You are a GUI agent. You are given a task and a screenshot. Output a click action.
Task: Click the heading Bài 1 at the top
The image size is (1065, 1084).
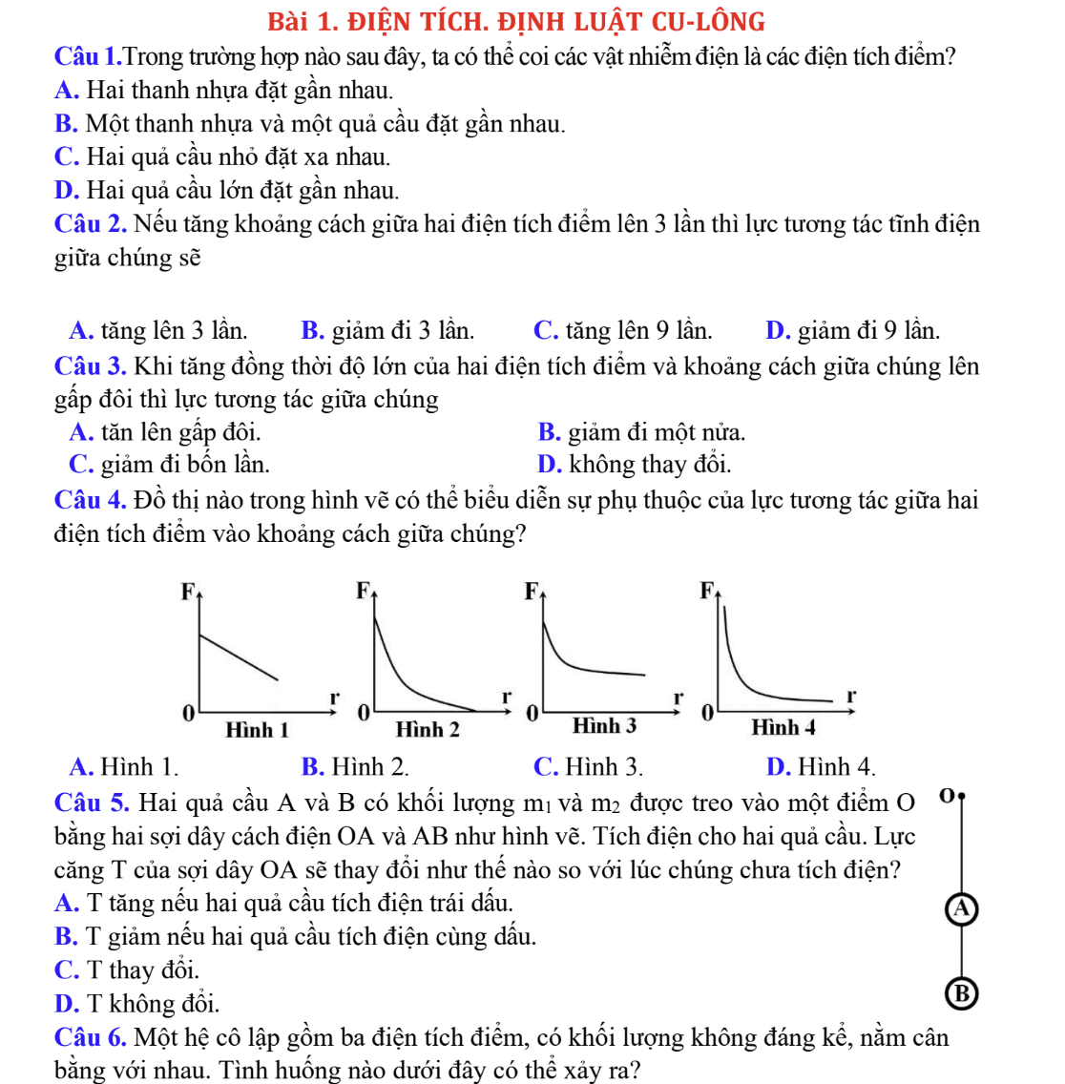click(516, 21)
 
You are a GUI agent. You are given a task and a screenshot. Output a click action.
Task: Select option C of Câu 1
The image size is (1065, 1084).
click(222, 156)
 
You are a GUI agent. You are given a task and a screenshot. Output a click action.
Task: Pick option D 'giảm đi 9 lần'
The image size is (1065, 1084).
click(852, 331)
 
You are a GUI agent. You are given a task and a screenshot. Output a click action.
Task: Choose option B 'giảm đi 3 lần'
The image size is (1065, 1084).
click(387, 331)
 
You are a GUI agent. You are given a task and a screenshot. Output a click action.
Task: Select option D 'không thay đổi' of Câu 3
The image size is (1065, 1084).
click(635, 465)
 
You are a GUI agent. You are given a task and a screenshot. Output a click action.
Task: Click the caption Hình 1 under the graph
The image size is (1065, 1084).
click(257, 730)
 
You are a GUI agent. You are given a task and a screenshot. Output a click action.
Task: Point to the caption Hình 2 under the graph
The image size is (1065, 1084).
click(428, 730)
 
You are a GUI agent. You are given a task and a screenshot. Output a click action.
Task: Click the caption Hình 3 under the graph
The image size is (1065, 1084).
click(604, 726)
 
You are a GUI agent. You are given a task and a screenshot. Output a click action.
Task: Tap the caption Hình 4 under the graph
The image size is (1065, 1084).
click(783, 728)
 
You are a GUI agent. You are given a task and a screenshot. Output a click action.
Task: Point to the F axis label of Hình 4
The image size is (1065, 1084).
click(707, 591)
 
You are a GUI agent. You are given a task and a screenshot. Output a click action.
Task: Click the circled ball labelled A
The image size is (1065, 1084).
click(962, 909)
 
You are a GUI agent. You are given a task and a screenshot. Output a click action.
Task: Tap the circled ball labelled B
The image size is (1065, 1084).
click(962, 994)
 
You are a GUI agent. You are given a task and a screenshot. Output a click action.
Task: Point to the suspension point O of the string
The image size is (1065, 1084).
click(961, 794)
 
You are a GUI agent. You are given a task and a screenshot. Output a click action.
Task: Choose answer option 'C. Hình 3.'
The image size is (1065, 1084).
click(588, 766)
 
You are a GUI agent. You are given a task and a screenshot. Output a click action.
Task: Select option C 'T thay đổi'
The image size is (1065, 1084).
click(127, 970)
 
